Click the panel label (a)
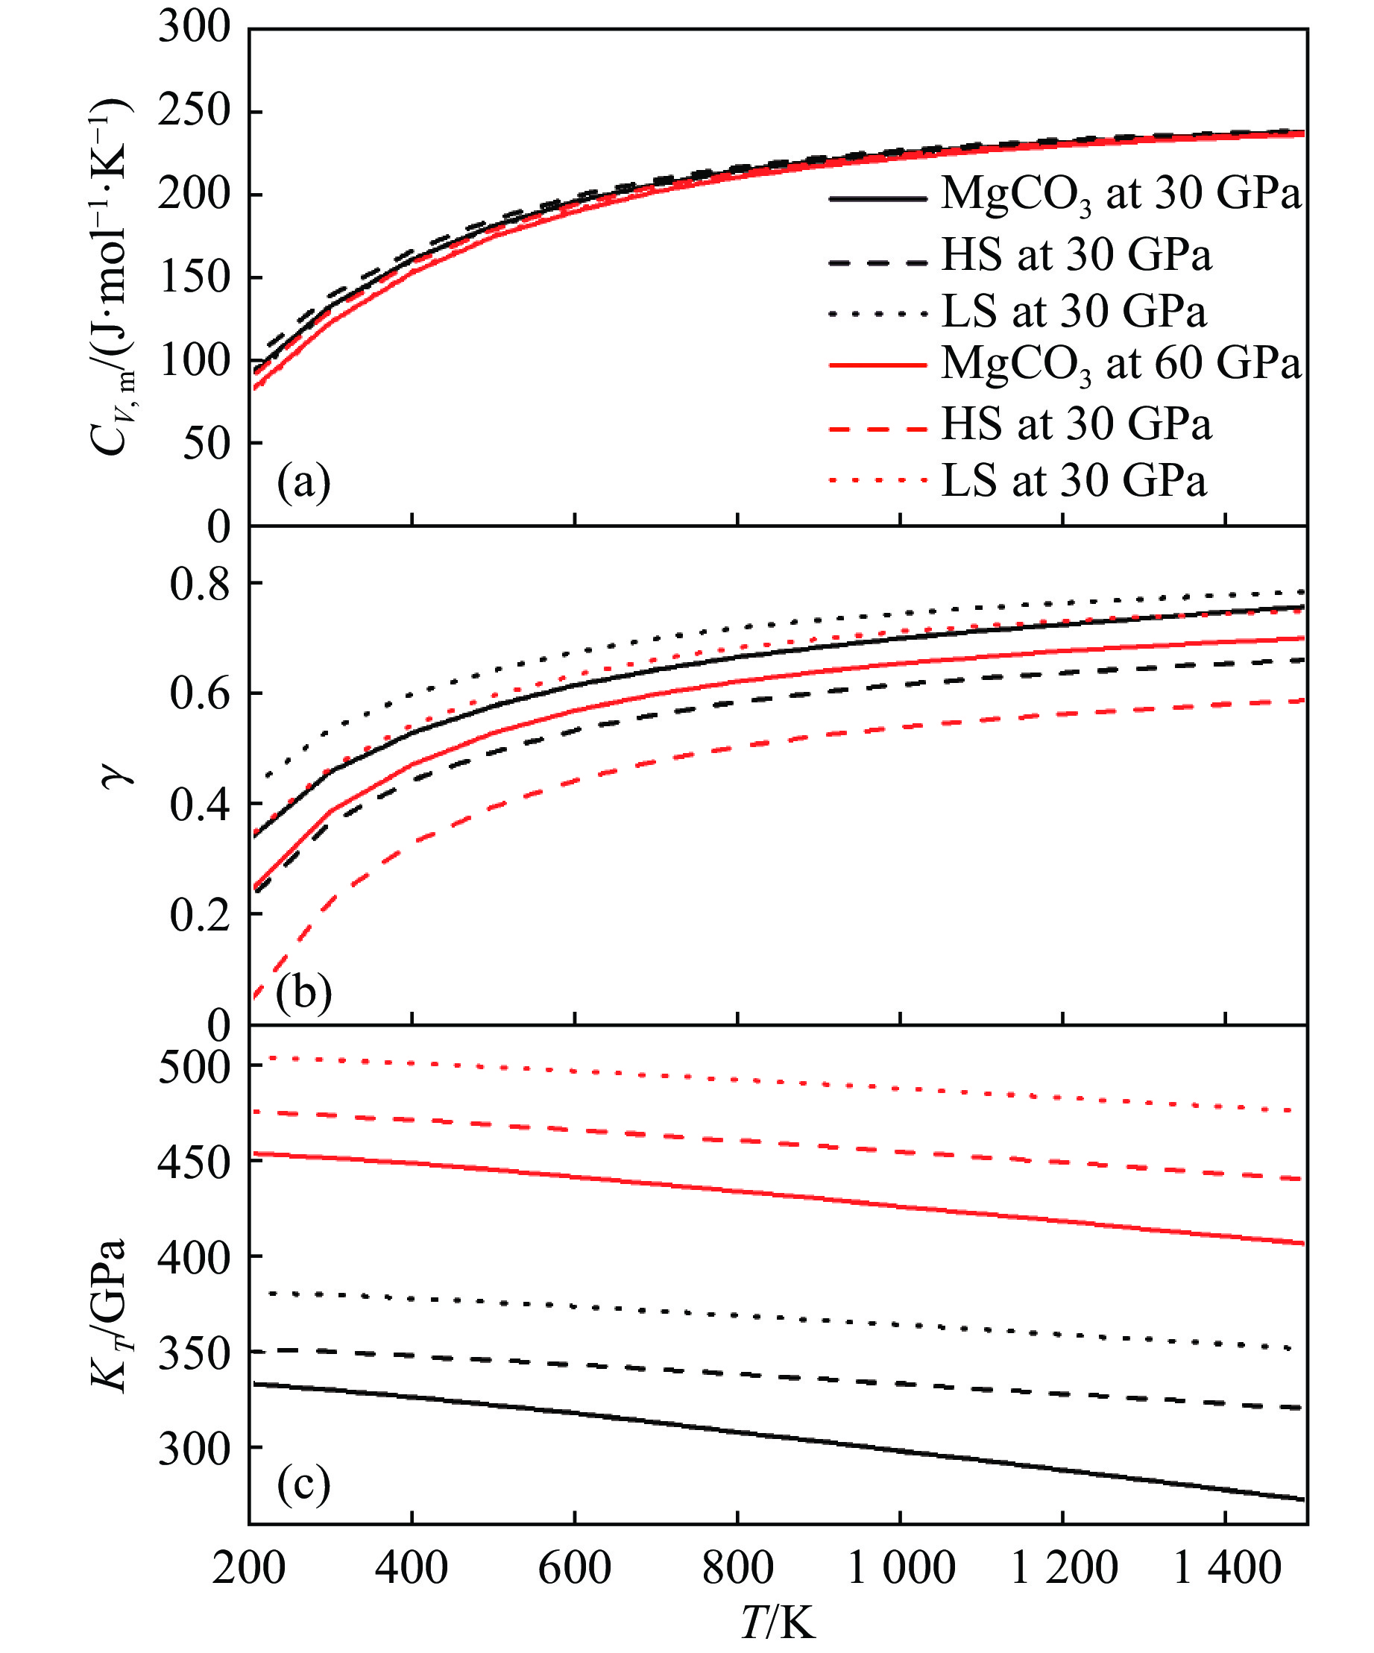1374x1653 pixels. click(303, 482)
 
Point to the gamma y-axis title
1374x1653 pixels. click(116, 776)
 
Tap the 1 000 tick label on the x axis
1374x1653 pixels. click(901, 1567)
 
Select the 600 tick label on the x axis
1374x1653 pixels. click(575, 1567)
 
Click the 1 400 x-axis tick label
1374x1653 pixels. click(1226, 1567)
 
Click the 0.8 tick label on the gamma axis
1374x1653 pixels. click(200, 583)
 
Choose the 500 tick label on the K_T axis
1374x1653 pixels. click(194, 1068)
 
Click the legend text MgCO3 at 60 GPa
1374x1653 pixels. click(1121, 364)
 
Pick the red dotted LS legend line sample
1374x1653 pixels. click(877, 481)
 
